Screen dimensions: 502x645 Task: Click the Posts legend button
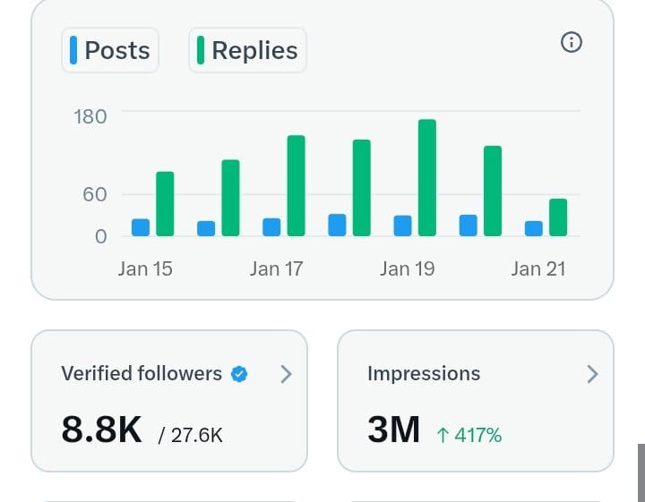point(110,50)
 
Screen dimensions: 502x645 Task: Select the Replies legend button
point(247,50)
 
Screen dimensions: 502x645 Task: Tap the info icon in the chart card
point(571,42)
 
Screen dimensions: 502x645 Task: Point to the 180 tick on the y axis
point(90,116)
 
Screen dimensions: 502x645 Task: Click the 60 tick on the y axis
point(94,194)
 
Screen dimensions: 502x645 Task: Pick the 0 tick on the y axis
point(100,236)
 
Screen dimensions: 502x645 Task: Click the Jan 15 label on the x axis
point(145,268)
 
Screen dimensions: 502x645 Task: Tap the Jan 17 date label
point(276,268)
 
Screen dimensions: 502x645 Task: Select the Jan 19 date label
point(407,268)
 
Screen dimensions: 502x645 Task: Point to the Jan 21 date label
point(538,268)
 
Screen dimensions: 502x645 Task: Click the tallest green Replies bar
point(427,178)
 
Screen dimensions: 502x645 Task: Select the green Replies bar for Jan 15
point(165,204)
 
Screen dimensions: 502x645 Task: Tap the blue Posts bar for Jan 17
point(271,227)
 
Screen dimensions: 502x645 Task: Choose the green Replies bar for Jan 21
point(558,217)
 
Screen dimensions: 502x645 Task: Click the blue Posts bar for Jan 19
point(403,225)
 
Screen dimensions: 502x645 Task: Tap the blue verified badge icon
point(239,374)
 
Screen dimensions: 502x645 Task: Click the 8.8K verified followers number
point(101,430)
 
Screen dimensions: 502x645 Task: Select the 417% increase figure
point(469,435)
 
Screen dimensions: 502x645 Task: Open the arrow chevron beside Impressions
point(591,374)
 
